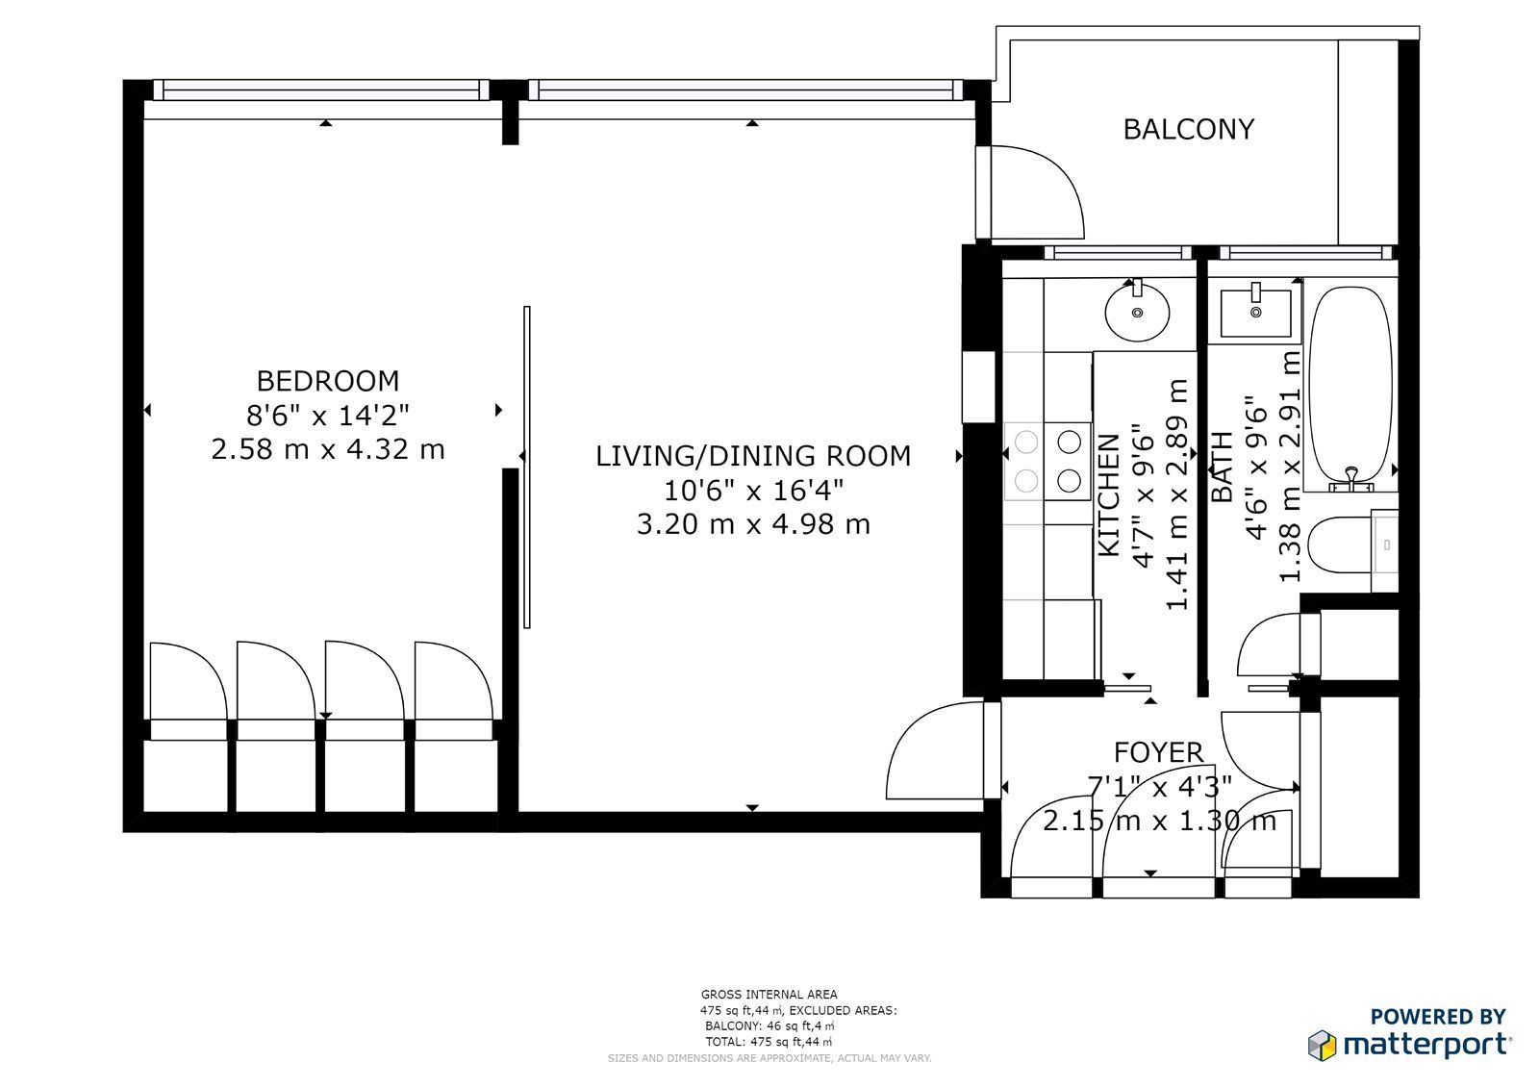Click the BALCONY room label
(x=1189, y=129)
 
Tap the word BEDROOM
(x=328, y=381)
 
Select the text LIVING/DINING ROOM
(x=753, y=456)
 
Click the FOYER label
(x=1158, y=752)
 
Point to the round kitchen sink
(x=1137, y=313)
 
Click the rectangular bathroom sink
(x=1255, y=314)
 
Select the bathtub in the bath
(x=1350, y=388)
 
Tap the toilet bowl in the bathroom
(x=1340, y=544)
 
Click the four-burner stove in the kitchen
(x=1047, y=461)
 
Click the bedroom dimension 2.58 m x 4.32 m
(x=328, y=449)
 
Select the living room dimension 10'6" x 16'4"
(x=753, y=491)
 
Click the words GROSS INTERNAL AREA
(x=769, y=994)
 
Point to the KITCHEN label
(x=1110, y=494)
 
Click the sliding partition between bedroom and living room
(x=527, y=467)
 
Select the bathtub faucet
(x=1351, y=479)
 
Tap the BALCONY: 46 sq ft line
(x=769, y=1025)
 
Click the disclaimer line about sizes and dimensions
(x=769, y=1058)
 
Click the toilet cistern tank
(x=1384, y=544)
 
